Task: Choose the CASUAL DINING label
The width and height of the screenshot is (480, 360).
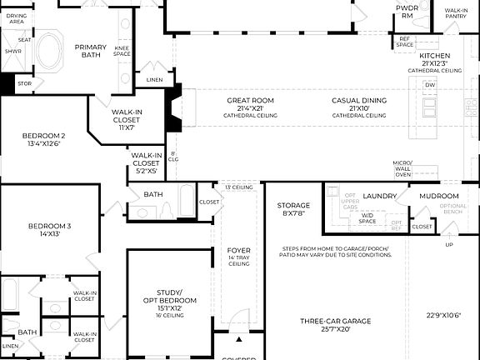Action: pyautogui.click(x=358, y=101)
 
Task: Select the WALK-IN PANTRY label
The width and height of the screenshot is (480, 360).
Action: pyautogui.click(x=456, y=12)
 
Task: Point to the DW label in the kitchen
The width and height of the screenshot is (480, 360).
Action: pyautogui.click(x=430, y=85)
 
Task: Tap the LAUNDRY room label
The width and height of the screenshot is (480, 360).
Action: pyautogui.click(x=379, y=196)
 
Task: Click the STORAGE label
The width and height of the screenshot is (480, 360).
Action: pyautogui.click(x=293, y=205)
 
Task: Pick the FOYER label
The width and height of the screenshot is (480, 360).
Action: pyautogui.click(x=238, y=250)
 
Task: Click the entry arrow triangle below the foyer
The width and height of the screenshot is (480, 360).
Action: pyautogui.click(x=238, y=340)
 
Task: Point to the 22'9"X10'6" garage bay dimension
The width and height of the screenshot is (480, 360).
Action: pyautogui.click(x=443, y=315)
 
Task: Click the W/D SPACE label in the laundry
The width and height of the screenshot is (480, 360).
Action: pyautogui.click(x=367, y=218)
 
